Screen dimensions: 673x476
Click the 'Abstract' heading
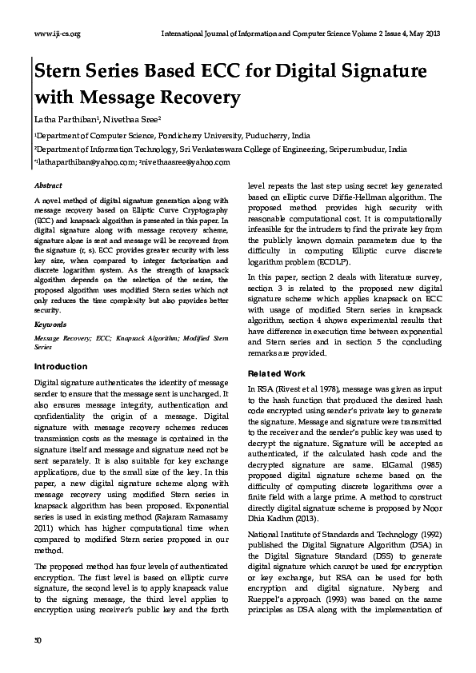(x=46, y=185)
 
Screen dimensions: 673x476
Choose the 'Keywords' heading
(x=50, y=326)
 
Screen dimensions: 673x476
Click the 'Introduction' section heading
(x=61, y=367)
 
